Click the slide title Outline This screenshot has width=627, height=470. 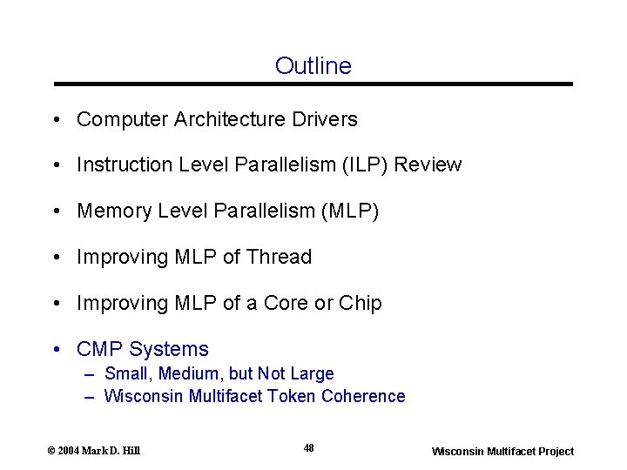coord(313,66)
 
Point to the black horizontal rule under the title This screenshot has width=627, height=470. coord(313,84)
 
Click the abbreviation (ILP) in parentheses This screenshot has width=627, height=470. coord(361,164)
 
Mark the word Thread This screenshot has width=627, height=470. coord(279,257)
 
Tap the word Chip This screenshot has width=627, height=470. coord(361,303)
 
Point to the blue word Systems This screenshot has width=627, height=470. coord(169,349)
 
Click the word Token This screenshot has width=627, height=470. coord(292,396)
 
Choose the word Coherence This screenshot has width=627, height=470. coord(363,396)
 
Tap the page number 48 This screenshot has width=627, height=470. coord(309,448)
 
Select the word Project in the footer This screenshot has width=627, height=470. coord(553,451)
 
